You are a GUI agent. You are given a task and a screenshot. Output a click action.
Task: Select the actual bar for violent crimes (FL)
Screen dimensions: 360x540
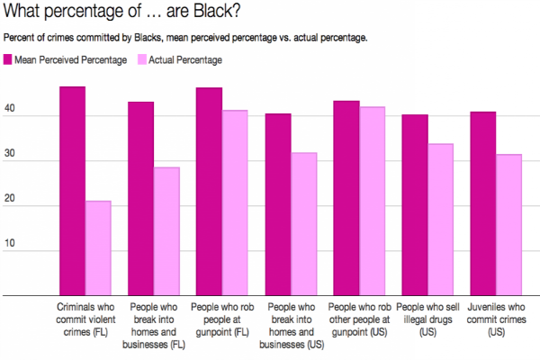point(98,248)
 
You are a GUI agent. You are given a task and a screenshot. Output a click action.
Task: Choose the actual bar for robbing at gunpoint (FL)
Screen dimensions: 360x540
point(235,202)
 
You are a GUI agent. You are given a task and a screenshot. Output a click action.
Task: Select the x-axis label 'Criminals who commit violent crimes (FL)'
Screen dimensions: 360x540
point(85,319)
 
